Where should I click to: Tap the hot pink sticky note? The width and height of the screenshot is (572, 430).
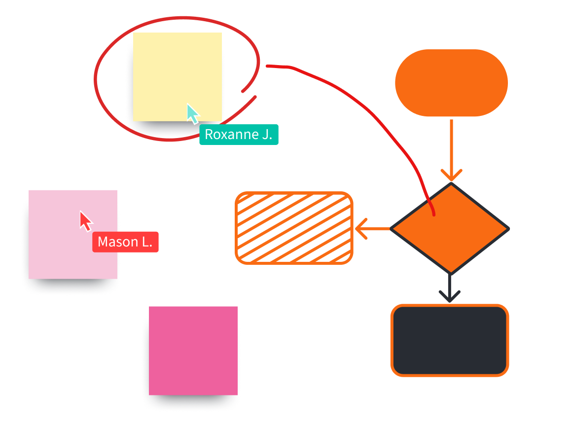pyautogui.click(x=193, y=351)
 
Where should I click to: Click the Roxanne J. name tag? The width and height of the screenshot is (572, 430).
pyautogui.click(x=239, y=134)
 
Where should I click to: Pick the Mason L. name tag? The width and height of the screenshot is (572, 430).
pyautogui.click(x=125, y=242)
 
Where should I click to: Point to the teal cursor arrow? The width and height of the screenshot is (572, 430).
pyautogui.click(x=192, y=113)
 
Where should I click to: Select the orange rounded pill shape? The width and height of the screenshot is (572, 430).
pyautogui.click(x=451, y=83)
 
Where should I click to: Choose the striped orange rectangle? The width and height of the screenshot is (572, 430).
pyautogui.click(x=294, y=228)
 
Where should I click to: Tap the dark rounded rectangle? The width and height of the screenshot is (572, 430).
pyautogui.click(x=450, y=340)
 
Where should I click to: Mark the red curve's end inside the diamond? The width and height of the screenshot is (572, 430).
pyautogui.click(x=434, y=215)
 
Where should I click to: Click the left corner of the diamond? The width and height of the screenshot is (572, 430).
pyautogui.click(x=392, y=228)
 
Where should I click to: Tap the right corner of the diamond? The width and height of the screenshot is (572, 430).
pyautogui.click(x=508, y=228)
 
